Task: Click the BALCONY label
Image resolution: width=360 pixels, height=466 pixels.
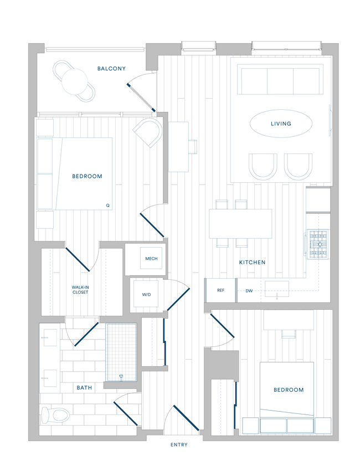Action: coord(111,69)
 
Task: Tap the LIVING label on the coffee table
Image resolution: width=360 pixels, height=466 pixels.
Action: coord(281,124)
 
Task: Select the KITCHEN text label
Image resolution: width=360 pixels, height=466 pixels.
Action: coord(252,262)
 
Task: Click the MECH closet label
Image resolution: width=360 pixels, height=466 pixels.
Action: coord(151,259)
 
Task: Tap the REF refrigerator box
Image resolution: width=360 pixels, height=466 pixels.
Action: coord(220,290)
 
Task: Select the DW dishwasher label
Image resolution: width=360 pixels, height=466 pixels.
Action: coord(249,290)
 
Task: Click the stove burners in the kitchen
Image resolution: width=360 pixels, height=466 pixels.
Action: coord(318,244)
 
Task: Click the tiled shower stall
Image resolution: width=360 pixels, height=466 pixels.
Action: coord(121,351)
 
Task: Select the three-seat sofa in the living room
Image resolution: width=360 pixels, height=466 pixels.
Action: coord(280,81)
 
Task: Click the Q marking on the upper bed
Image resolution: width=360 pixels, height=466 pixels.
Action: coord(107,206)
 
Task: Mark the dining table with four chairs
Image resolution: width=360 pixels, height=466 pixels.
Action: coord(240,223)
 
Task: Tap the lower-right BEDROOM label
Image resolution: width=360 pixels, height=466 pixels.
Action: coord(289,390)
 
